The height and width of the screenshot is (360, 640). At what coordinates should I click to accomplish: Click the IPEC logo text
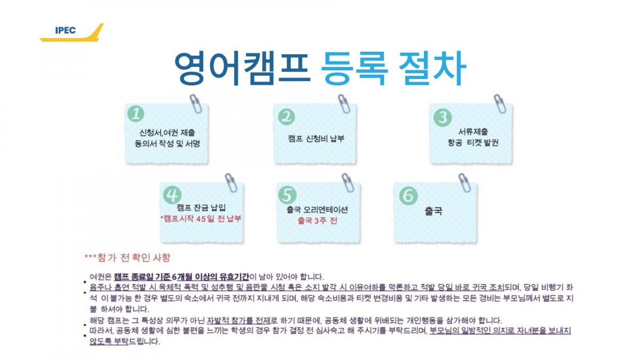(66, 30)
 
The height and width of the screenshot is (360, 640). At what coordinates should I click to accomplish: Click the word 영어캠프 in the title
(242, 68)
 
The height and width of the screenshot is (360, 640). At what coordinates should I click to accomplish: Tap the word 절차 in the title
(433, 68)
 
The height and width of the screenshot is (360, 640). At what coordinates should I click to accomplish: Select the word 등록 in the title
(355, 69)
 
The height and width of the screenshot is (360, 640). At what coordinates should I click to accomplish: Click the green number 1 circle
(135, 114)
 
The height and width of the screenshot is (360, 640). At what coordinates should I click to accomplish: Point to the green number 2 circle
(286, 117)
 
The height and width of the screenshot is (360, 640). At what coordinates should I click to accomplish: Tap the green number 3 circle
(443, 117)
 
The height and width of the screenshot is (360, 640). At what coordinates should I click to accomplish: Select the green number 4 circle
(172, 195)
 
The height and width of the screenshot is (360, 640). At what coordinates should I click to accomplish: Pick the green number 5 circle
(287, 195)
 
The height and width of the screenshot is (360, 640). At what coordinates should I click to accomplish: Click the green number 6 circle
(409, 196)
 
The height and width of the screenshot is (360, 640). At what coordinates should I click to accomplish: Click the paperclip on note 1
(196, 103)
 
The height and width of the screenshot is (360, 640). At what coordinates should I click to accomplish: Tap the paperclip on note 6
(465, 182)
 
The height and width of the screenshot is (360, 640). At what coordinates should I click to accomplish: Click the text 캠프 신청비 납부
(316, 139)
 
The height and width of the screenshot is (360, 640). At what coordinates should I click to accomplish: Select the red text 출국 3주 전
(317, 221)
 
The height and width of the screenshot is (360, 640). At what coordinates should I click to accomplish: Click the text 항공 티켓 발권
(473, 142)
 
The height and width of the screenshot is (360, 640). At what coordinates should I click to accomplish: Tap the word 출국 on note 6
(434, 211)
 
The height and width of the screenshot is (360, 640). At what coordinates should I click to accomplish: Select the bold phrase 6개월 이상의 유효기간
(211, 277)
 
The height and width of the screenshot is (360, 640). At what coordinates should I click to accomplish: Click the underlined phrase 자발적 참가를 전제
(238, 321)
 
